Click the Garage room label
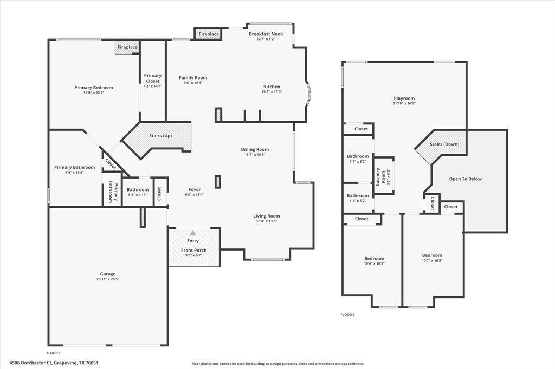(x=108, y=274)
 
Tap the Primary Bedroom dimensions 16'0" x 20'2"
(x=93, y=93)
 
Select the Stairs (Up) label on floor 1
(x=160, y=136)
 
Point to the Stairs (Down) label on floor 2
(x=444, y=144)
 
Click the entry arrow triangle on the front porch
(x=193, y=233)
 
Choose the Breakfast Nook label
(x=266, y=34)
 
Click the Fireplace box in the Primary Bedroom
(x=127, y=48)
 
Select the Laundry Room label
(x=380, y=176)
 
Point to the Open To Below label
(x=465, y=179)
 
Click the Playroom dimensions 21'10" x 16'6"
(x=404, y=103)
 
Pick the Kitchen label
(x=272, y=87)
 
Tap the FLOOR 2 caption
(x=347, y=314)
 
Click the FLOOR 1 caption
(x=54, y=353)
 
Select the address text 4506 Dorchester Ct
(x=31, y=363)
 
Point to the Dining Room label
(x=255, y=149)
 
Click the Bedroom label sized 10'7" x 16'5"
(x=432, y=255)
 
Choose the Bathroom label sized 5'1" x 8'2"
(x=358, y=156)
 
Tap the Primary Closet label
(x=152, y=78)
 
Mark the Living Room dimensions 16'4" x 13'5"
(x=267, y=221)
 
